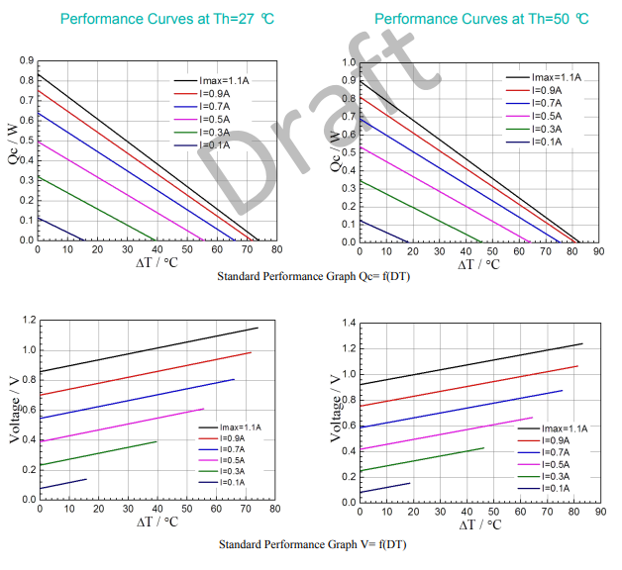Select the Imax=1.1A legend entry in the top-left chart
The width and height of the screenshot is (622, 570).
[223, 80]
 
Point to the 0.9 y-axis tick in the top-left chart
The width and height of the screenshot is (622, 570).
[26, 61]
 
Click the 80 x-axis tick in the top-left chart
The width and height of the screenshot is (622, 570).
[276, 251]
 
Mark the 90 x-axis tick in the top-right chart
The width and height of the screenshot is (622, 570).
[597, 252]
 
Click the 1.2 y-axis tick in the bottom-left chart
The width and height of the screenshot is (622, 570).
[27, 321]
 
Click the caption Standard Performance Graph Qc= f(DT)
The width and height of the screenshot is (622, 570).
[313, 276]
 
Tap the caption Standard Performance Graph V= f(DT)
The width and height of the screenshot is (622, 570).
[313, 545]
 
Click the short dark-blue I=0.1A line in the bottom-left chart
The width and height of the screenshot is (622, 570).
[63, 484]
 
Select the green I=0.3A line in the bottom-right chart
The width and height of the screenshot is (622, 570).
[421, 459]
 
